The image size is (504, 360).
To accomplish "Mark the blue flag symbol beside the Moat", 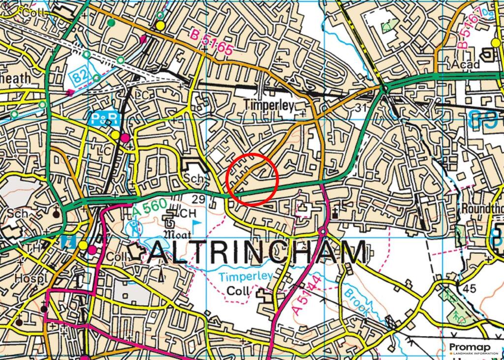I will [196, 226].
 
